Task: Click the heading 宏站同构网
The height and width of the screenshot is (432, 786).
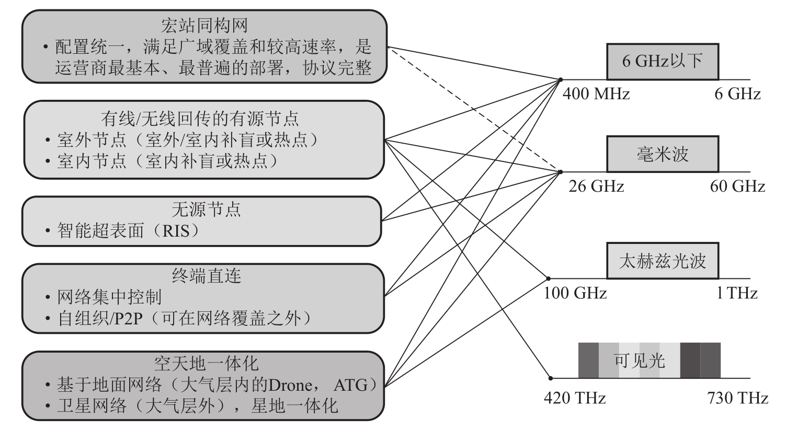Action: [x=204, y=25]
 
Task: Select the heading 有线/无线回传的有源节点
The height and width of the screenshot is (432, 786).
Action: [x=200, y=119]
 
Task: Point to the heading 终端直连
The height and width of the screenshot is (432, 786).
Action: [x=206, y=275]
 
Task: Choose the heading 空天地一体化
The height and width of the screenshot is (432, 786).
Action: [x=206, y=363]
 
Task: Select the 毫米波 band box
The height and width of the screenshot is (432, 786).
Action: [x=662, y=154]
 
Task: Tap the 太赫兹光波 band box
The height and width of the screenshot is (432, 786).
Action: [x=662, y=261]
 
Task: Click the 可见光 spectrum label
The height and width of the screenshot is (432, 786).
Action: [x=639, y=360]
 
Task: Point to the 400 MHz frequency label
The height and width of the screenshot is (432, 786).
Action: [x=596, y=94]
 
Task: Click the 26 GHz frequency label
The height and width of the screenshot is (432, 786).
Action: [x=596, y=186]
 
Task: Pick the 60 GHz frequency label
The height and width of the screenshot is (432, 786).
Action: [x=737, y=186]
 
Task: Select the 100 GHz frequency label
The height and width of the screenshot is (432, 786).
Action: [x=575, y=293]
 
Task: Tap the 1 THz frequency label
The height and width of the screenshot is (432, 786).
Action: [x=737, y=293]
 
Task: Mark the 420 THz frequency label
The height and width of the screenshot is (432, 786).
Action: [x=575, y=398]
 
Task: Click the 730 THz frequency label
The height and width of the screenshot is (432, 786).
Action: [x=737, y=398]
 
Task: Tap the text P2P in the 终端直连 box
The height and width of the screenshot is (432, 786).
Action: [x=126, y=318]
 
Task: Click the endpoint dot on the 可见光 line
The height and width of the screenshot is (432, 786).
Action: [x=550, y=378]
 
